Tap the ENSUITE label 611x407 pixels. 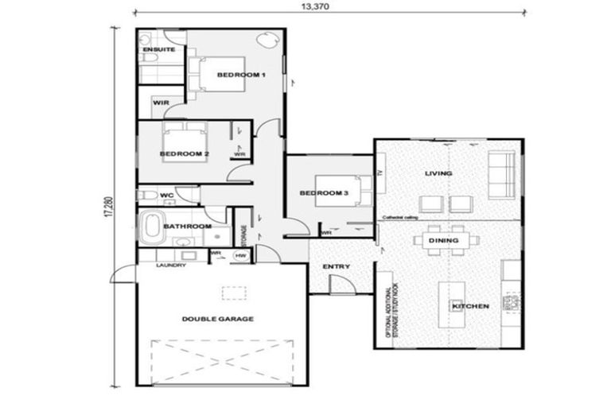click(158, 49)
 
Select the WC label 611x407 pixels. click(167, 195)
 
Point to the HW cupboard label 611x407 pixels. click(240, 255)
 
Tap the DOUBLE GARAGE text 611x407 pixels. click(217, 318)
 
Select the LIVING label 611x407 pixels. click(438, 172)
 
